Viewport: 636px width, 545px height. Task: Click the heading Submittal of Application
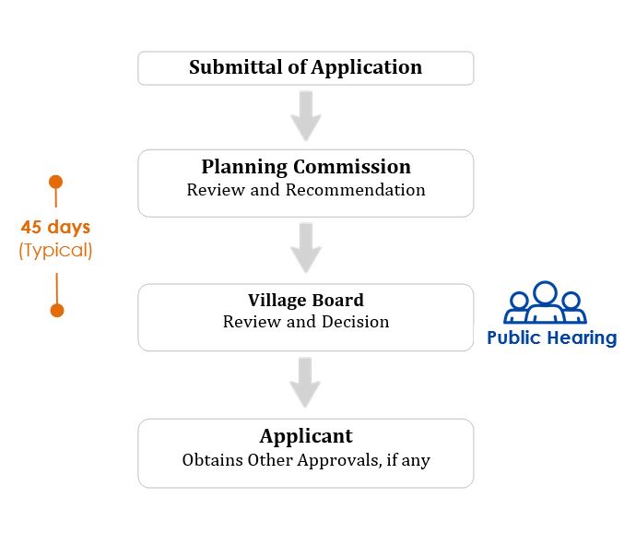305,67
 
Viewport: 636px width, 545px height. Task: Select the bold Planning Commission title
306,167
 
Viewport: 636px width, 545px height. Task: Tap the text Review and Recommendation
306,190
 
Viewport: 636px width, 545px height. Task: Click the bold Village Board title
306,301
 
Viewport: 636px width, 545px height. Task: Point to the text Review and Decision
306,322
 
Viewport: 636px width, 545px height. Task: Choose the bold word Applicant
306,437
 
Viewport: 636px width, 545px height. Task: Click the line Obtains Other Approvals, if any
306,460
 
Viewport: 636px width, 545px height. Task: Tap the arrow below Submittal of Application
306,116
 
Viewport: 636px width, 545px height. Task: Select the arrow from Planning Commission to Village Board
306,248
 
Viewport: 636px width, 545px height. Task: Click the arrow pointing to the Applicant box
305,383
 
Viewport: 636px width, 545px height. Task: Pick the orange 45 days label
55,227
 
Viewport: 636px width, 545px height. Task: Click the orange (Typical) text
55,251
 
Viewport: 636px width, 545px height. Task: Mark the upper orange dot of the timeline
55,182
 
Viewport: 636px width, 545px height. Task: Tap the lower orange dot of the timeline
57,311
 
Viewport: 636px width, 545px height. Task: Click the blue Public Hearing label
551,338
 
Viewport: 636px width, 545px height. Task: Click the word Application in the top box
367,67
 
